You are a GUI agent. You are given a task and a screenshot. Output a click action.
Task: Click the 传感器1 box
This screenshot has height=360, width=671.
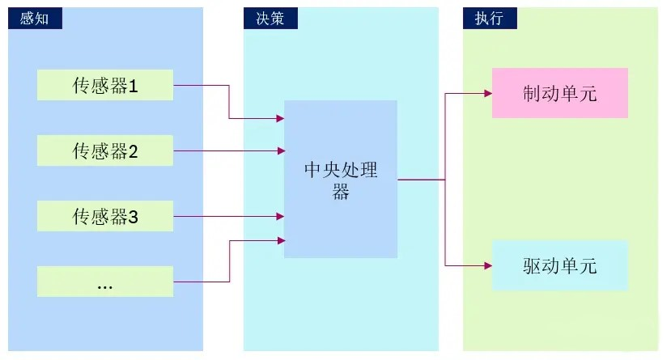coord(105,86)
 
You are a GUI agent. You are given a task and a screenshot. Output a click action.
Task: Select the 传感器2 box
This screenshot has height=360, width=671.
coord(105,150)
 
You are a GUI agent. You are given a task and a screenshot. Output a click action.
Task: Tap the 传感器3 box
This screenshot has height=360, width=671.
coord(105,216)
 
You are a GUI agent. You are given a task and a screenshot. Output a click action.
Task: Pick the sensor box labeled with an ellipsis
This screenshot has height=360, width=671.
coord(105,282)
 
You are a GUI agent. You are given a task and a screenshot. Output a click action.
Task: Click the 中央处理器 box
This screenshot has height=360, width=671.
coord(341,179)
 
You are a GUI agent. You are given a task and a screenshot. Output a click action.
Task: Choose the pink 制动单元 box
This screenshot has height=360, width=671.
coord(560,93)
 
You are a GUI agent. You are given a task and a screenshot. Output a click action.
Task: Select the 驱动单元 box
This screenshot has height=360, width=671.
coord(560,265)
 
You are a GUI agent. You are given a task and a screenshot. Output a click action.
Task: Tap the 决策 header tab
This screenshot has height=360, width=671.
coord(270,19)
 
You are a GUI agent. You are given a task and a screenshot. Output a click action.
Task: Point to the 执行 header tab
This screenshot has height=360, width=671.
coord(490,19)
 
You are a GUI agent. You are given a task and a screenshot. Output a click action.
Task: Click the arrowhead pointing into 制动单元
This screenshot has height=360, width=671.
coord(487,93)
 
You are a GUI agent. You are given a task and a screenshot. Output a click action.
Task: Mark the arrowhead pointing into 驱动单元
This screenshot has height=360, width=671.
coord(487,265)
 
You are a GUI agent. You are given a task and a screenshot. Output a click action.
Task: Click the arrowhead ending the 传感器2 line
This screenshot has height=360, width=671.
coord(280,150)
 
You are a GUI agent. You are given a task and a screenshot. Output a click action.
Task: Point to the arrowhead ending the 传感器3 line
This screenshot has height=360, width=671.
coord(280,216)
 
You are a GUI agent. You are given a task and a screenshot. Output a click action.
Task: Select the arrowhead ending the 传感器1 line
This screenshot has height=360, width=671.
coord(280,119)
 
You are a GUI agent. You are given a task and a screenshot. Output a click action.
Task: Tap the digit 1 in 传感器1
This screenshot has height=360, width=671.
coord(134,86)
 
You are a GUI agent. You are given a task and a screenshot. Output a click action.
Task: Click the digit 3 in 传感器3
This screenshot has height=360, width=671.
coord(134,216)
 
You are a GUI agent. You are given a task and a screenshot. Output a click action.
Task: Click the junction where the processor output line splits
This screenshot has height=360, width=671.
coord(445,179)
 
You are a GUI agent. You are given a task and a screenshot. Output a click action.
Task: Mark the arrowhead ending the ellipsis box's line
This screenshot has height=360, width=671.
coord(280,240)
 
